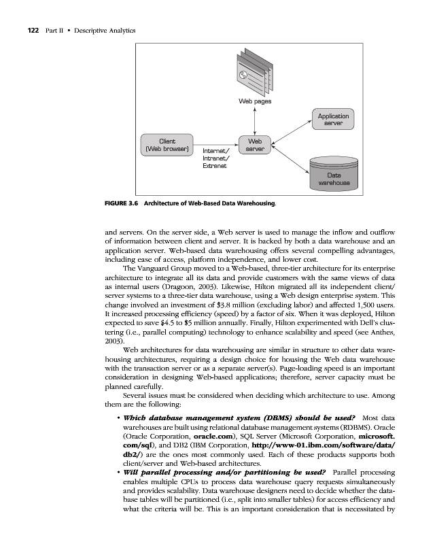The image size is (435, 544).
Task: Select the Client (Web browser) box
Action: click(164, 144)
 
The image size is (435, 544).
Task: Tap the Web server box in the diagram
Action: click(255, 144)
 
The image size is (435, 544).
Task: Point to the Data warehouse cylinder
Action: click(334, 174)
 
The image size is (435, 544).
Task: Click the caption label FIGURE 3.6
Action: click(122, 203)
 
